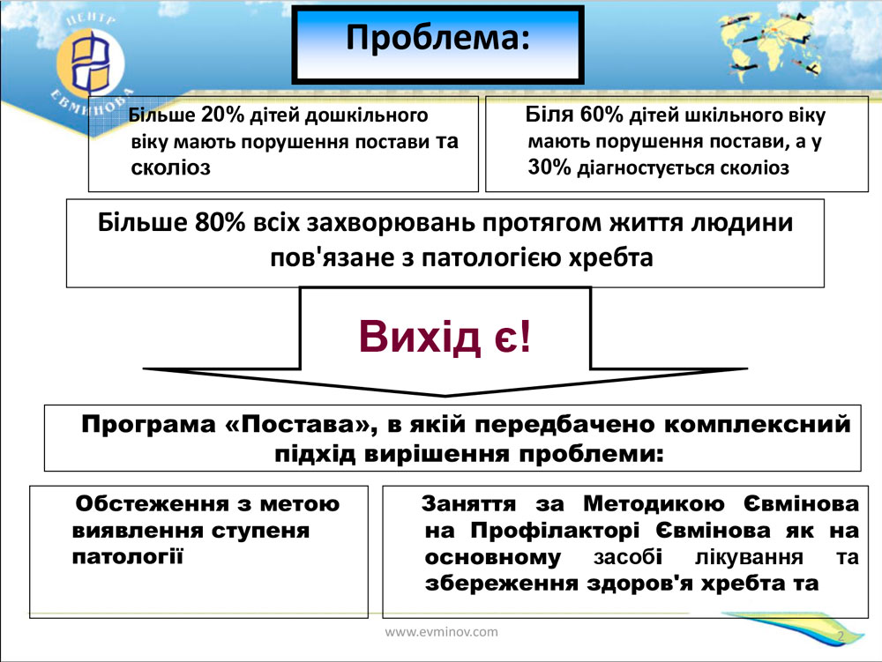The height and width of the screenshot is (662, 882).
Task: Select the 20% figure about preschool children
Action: (222, 115)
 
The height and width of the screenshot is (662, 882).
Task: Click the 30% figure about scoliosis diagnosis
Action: (549, 167)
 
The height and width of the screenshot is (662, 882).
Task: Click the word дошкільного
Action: (366, 115)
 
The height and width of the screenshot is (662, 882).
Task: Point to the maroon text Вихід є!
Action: (445, 337)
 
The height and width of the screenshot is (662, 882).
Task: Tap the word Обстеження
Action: (152, 503)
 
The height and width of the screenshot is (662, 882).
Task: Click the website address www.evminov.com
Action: (442, 632)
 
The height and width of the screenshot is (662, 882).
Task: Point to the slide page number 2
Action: (841, 636)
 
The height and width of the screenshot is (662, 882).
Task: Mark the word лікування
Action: (749, 557)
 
